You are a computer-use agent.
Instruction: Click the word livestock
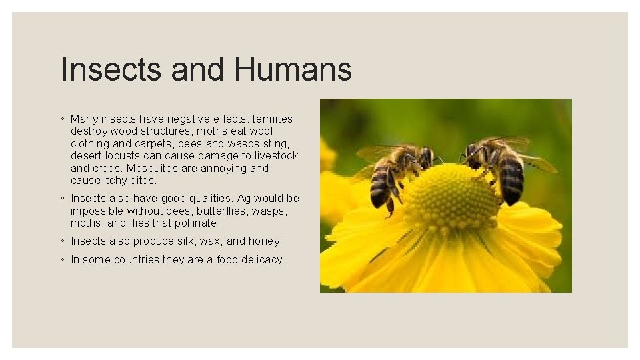coord(274,156)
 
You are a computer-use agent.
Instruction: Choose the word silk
coord(185,241)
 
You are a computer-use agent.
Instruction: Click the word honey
coord(265,241)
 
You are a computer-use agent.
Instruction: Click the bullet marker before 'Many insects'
coord(61,119)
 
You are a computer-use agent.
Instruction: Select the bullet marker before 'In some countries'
coord(61,259)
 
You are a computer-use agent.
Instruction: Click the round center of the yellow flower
coord(451,196)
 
